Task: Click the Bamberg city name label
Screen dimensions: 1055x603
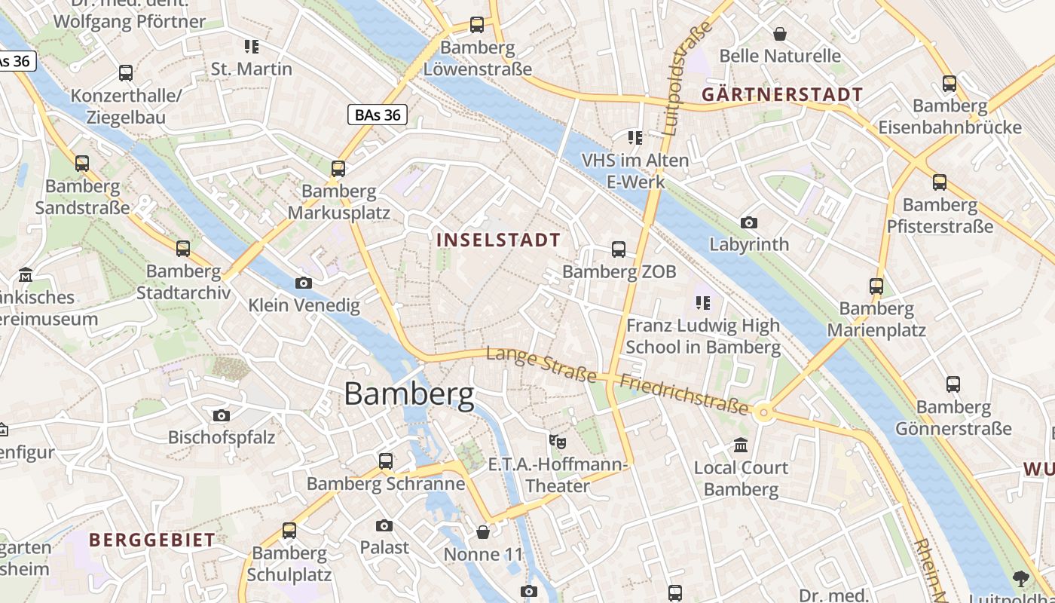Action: (x=409, y=394)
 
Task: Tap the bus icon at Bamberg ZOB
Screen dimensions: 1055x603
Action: (x=619, y=249)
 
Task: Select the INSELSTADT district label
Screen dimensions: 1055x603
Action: (x=498, y=240)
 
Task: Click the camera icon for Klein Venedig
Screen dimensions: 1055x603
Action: (x=304, y=283)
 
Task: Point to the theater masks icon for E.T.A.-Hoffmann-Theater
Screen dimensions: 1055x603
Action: (x=557, y=441)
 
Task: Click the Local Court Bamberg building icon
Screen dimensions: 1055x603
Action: (x=741, y=445)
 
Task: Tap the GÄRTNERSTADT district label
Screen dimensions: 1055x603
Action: (x=782, y=95)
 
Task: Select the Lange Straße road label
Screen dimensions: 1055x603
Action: (x=542, y=365)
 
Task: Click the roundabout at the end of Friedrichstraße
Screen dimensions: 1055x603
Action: (x=764, y=412)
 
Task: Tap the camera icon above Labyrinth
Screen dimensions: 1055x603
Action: (x=748, y=222)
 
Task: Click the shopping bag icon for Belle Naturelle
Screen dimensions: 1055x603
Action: (x=780, y=34)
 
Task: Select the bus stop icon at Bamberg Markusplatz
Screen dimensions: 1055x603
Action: (x=338, y=169)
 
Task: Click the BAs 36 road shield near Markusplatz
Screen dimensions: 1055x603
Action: (x=378, y=115)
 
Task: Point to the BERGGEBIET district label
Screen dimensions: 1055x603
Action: (x=152, y=540)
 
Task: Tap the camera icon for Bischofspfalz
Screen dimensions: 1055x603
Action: (x=221, y=415)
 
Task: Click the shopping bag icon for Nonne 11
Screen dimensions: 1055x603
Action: (x=483, y=533)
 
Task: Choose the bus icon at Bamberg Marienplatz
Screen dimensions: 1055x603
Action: (x=876, y=286)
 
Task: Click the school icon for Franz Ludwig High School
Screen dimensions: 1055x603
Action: (x=703, y=303)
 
